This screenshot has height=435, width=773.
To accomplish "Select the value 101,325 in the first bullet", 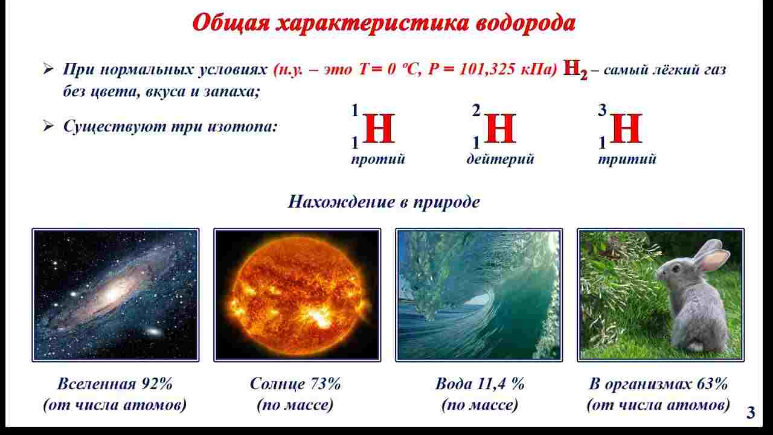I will [x=487, y=69].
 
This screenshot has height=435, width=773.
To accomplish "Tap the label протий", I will [x=378, y=159].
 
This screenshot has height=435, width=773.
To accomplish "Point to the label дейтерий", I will [x=500, y=159].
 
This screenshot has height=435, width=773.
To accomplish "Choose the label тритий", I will [x=627, y=159].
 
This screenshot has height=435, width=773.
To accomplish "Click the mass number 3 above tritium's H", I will [x=601, y=111].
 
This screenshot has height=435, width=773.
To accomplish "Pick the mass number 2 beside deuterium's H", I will [x=476, y=111].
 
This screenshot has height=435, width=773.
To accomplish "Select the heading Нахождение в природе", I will [x=383, y=201].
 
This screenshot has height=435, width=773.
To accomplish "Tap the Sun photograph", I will [x=297, y=294].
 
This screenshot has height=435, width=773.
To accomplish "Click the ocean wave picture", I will [x=479, y=294].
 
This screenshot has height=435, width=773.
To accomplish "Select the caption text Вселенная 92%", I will [x=115, y=384].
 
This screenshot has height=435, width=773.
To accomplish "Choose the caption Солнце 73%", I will [x=295, y=384].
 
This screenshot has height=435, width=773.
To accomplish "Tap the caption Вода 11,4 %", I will [x=480, y=384].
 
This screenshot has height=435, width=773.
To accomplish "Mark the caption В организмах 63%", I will [x=658, y=384].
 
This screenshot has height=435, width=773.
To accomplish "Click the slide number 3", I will [x=751, y=414].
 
